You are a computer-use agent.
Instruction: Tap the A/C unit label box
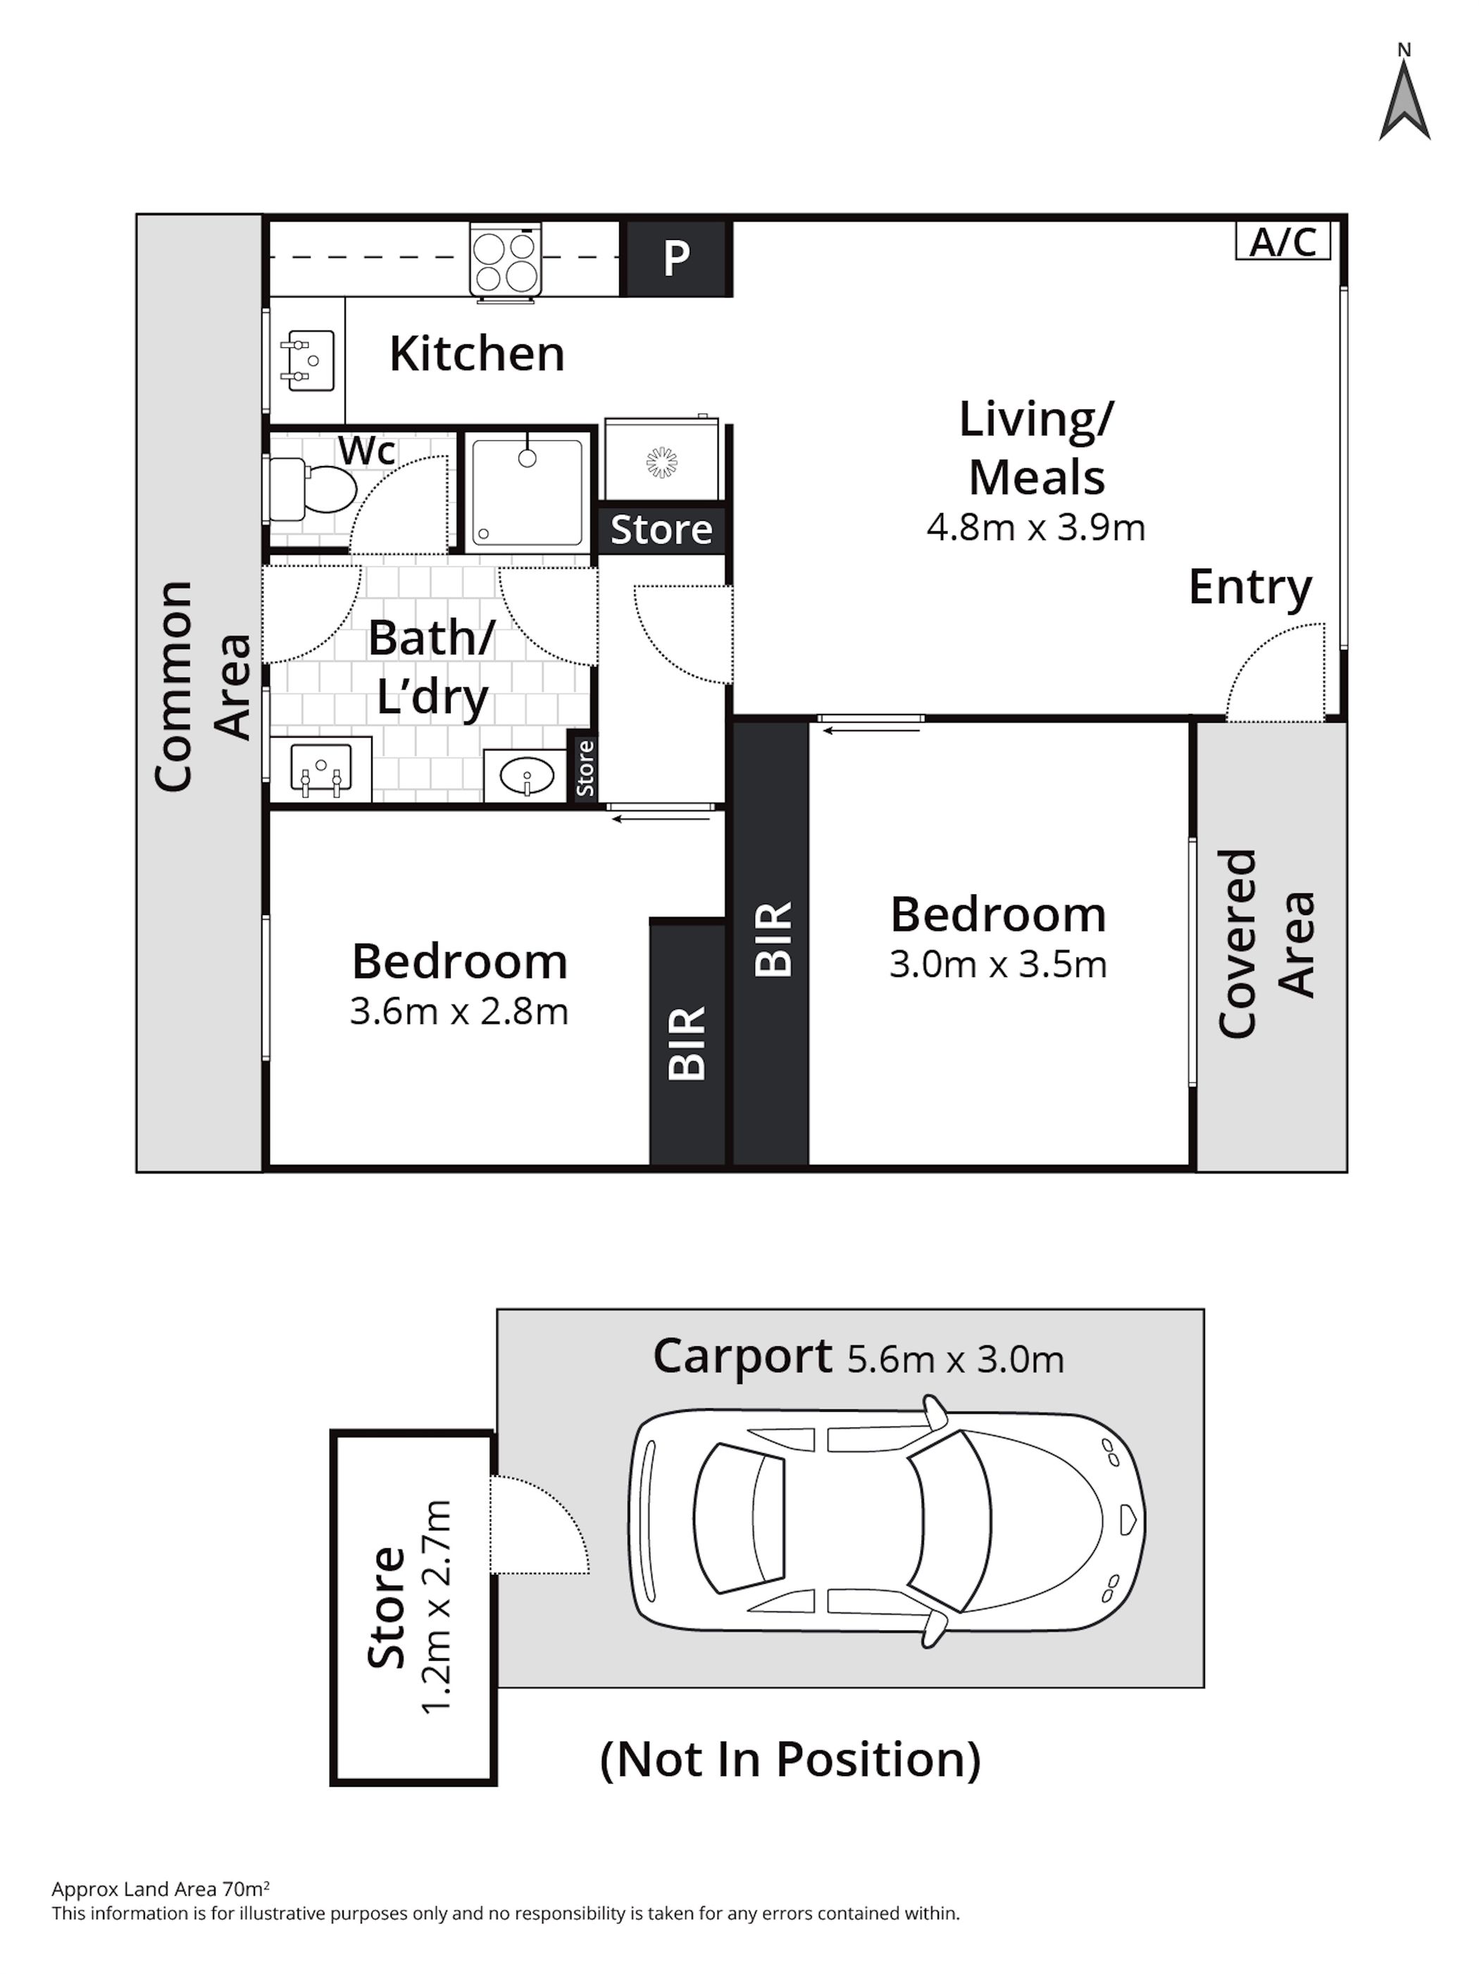1282,241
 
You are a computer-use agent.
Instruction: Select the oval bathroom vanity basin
527,776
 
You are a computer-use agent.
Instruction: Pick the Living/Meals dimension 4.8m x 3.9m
1035,527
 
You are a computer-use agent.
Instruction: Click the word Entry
1249,588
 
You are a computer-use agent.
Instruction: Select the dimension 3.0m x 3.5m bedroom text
998,964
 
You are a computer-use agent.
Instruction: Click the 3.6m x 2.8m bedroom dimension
458,1011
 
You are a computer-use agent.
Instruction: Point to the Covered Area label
1266,943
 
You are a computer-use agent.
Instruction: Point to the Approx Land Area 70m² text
161,1888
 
